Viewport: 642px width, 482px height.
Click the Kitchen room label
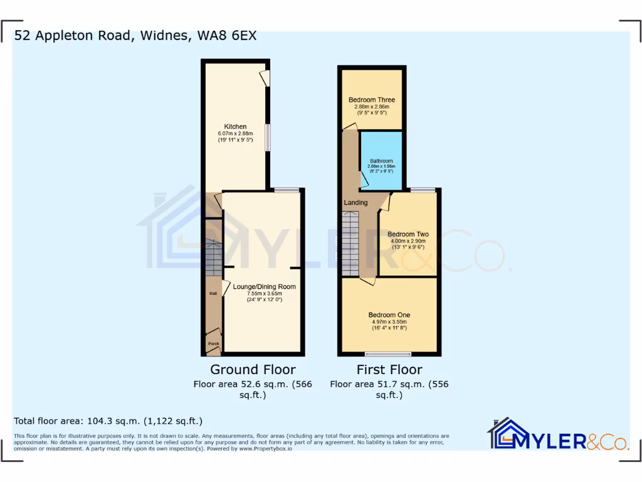click(236, 127)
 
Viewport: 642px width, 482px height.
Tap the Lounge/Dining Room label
click(264, 287)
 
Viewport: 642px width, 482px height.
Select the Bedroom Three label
click(372, 100)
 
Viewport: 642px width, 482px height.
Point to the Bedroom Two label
click(408, 234)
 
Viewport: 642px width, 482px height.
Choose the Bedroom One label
click(389, 315)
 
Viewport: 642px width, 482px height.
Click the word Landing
click(355, 203)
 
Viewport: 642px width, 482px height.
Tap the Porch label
click(213, 343)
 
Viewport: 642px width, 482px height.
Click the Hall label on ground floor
click(213, 293)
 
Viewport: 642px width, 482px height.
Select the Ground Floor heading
click(253, 370)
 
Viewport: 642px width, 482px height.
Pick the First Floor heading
click(389, 370)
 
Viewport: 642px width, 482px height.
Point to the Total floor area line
click(108, 421)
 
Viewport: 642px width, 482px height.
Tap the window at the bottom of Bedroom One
click(389, 353)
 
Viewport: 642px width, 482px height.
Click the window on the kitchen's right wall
click(268, 137)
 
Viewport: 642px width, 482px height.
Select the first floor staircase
click(351, 242)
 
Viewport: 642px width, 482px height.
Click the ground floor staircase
click(214, 256)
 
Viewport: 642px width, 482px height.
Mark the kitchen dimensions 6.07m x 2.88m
click(236, 134)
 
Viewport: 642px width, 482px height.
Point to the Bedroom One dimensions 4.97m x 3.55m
click(389, 322)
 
